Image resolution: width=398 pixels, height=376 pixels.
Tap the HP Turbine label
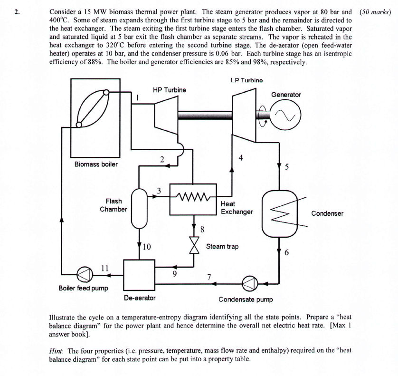pyautogui.click(x=169, y=89)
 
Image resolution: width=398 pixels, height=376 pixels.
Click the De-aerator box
pyautogui.click(x=139, y=274)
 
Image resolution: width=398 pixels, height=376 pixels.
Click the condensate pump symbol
pyautogui.click(x=249, y=284)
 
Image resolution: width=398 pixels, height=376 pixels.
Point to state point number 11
pyautogui.click(x=104, y=269)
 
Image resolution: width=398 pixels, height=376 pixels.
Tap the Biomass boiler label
pyautogui.click(x=96, y=164)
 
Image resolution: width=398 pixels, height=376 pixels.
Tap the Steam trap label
pyautogui.click(x=222, y=246)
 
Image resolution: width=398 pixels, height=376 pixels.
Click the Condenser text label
pyautogui.click(x=327, y=213)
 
